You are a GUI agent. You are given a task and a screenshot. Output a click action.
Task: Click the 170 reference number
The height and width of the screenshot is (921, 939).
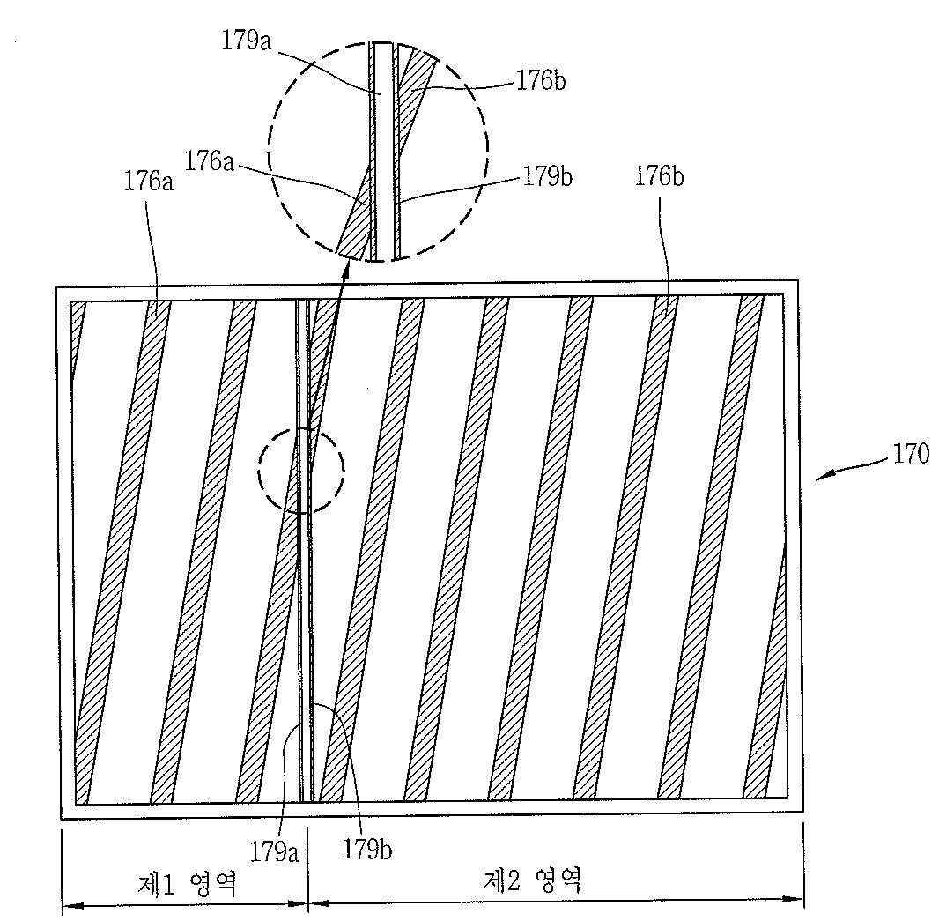click(x=911, y=454)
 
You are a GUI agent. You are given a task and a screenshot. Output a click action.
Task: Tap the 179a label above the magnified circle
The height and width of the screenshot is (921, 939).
click(x=246, y=41)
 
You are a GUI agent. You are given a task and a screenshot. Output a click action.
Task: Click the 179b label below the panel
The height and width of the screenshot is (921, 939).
click(x=367, y=849)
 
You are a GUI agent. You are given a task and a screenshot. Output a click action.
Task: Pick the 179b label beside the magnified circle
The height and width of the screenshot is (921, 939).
click(x=547, y=177)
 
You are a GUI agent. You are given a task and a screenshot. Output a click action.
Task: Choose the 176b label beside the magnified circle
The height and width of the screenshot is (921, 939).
click(x=541, y=81)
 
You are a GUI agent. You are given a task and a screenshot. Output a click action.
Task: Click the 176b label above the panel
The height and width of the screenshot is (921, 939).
click(x=659, y=177)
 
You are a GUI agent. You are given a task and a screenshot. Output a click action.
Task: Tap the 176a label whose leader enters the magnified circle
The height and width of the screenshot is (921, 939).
click(x=209, y=161)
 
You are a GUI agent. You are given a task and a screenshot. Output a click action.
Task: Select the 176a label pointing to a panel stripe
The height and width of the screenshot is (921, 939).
click(x=149, y=181)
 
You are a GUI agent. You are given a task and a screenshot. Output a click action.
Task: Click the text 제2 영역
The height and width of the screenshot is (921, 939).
click(x=532, y=880)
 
